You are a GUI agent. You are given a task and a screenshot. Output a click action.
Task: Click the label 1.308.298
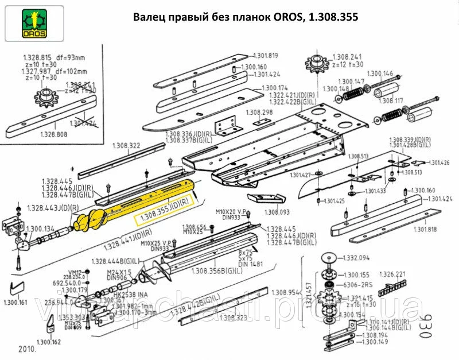pyautogui.click(x=259, y=112)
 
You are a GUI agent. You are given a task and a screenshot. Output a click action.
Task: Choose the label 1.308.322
pyautogui.click(x=126, y=146)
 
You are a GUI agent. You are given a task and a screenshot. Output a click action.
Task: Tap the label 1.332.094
pyautogui.click(x=356, y=258)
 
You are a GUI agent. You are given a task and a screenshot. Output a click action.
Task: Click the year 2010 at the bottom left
pyautogui.click(x=27, y=349)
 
